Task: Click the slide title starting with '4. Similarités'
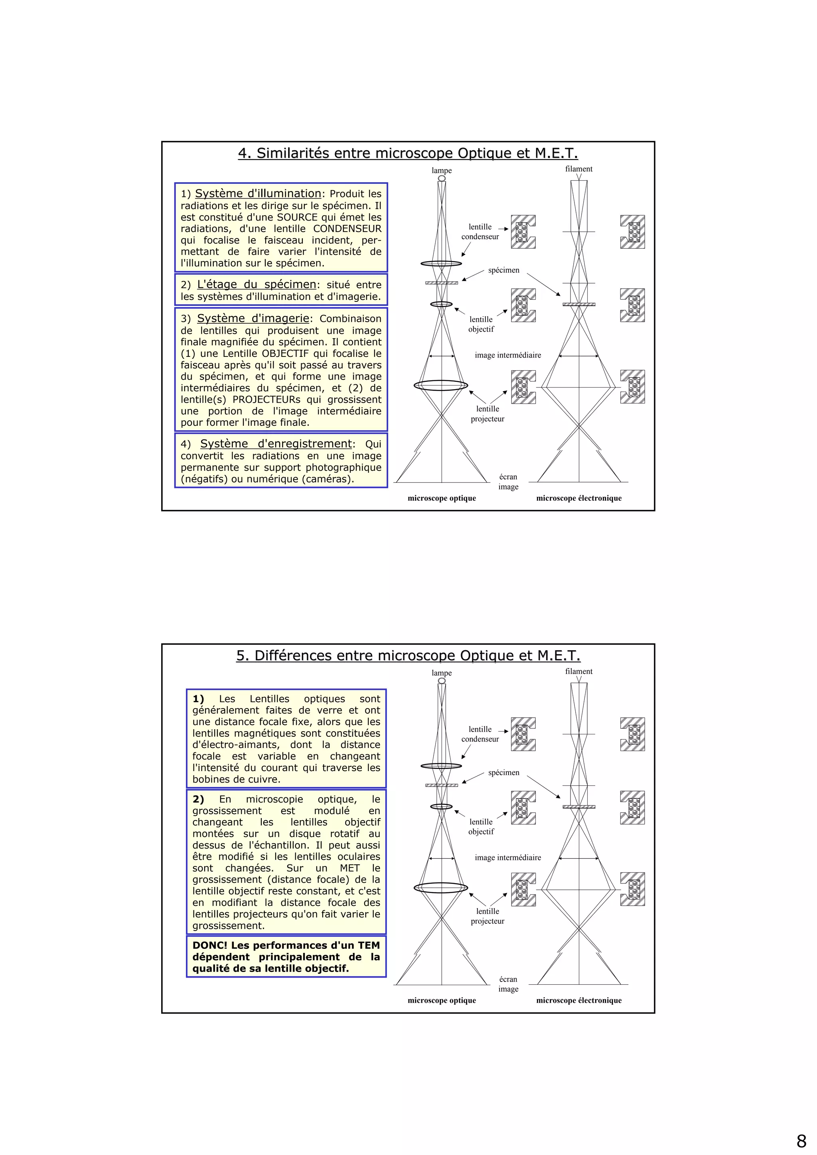[408, 153]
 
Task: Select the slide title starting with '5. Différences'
[408, 655]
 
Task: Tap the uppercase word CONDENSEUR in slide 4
[347, 229]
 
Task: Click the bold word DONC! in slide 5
[210, 945]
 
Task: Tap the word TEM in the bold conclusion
[369, 945]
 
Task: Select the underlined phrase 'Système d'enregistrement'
[276, 444]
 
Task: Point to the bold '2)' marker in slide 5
[198, 799]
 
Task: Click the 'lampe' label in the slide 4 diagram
[442, 171]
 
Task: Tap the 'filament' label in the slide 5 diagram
[578, 671]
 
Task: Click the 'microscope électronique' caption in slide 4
[578, 498]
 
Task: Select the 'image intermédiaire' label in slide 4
[507, 355]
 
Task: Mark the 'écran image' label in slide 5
[508, 984]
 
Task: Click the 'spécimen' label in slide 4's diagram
[503, 270]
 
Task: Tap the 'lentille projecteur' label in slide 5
[487, 916]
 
